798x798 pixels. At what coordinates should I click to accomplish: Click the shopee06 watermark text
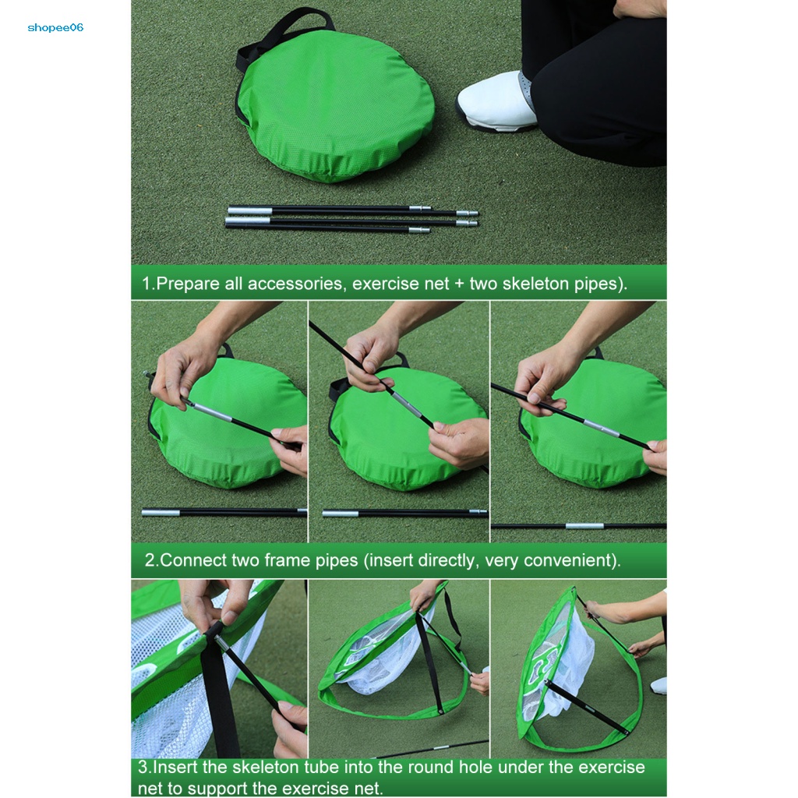click(x=55, y=28)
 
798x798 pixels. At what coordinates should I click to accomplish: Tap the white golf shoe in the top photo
click(x=496, y=103)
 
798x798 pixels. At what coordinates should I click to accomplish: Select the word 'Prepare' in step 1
click(x=187, y=284)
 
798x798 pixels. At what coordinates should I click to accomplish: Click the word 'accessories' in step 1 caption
click(x=295, y=284)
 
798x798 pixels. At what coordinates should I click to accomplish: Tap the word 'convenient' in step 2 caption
click(x=570, y=560)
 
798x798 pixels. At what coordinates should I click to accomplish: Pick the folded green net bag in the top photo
click(x=336, y=104)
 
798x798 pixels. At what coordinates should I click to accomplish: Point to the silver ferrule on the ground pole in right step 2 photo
click(x=584, y=526)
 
